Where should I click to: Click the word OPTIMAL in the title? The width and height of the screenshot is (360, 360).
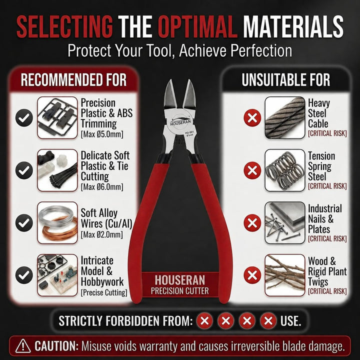point(197,27)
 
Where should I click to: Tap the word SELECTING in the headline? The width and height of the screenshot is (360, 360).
point(64,27)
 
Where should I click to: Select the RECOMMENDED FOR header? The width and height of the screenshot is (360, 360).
point(73,80)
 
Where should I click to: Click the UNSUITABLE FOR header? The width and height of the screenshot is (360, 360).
point(286,80)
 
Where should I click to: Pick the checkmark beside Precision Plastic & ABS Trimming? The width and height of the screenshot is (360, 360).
point(24,118)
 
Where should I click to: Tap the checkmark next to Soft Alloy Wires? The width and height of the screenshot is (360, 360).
point(24,222)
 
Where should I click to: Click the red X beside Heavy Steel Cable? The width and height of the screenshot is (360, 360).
point(252,118)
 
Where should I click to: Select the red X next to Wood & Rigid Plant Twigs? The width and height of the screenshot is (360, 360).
point(252,275)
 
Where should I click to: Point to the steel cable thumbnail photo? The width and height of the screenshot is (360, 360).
point(285,118)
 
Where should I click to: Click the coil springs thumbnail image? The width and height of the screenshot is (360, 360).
point(285,170)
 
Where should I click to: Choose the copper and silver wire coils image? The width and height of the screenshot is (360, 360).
point(57,222)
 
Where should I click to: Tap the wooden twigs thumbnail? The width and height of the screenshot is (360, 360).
point(285,275)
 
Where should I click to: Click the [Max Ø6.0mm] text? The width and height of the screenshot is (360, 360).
point(102,187)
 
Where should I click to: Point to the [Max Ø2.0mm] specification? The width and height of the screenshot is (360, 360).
point(101,234)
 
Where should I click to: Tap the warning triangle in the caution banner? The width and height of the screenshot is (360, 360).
point(23,346)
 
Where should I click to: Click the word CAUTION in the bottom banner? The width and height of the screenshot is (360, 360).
point(56,346)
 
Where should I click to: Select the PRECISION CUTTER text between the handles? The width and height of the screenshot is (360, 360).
point(180,291)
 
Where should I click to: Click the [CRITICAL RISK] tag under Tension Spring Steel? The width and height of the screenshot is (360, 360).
point(327,186)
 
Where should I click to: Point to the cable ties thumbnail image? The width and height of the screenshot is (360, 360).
point(57,170)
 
